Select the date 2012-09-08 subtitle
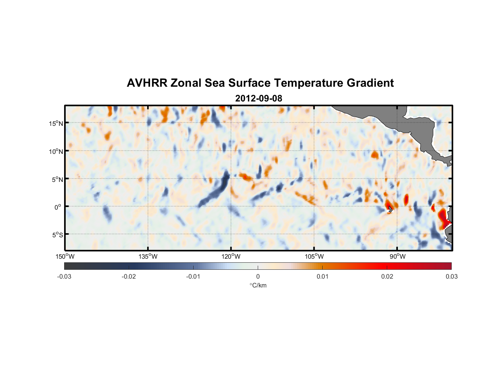coord(258,99)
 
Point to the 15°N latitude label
coord(56,123)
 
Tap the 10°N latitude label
coord(56,151)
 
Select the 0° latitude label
coord(58,207)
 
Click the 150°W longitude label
coord(65,256)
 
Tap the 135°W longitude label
coord(148,256)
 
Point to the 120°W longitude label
coord(231,256)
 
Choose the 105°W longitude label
coord(314,256)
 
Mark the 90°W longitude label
coord(397,256)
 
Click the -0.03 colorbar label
coord(64,276)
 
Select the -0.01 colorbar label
coord(193,276)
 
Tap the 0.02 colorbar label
coord(387,276)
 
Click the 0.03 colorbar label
coord(451,276)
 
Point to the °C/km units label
coord(258,285)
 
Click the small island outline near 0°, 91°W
coord(390,209)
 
